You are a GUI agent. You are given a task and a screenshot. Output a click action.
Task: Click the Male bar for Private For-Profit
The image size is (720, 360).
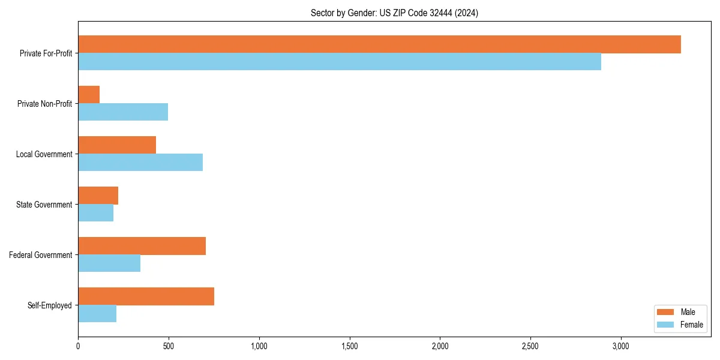(x=379, y=44)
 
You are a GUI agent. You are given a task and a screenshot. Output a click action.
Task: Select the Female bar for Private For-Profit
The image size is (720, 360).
(x=340, y=62)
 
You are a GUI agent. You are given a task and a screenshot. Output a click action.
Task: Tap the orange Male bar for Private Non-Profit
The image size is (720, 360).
(x=89, y=95)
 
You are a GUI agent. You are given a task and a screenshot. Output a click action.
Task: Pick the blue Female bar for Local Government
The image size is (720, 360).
(x=140, y=163)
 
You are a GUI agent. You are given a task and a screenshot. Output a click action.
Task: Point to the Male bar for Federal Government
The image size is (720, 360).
(x=142, y=246)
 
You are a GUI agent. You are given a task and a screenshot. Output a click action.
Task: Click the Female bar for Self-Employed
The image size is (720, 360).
(x=97, y=314)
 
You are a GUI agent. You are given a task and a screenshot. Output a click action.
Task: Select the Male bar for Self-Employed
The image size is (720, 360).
(x=146, y=296)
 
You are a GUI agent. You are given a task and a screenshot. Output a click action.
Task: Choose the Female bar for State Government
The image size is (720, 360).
(x=96, y=213)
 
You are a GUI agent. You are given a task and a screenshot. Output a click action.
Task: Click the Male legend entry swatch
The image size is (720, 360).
(x=666, y=312)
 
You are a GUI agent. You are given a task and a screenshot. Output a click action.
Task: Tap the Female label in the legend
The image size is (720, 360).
(x=692, y=325)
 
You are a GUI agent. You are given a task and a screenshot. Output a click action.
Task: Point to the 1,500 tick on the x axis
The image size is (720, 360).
(x=349, y=346)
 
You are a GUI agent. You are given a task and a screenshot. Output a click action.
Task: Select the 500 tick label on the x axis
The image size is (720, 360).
(x=169, y=346)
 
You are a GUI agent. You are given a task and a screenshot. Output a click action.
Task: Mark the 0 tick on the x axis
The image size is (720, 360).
(x=78, y=346)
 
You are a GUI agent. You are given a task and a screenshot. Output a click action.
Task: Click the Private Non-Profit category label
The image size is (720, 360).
(x=44, y=104)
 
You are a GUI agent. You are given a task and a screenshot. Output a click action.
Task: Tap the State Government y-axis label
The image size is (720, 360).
(x=44, y=205)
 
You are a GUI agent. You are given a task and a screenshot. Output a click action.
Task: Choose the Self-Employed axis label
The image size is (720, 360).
(x=50, y=305)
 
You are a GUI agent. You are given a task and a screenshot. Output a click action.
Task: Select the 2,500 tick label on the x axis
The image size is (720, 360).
(x=530, y=346)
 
